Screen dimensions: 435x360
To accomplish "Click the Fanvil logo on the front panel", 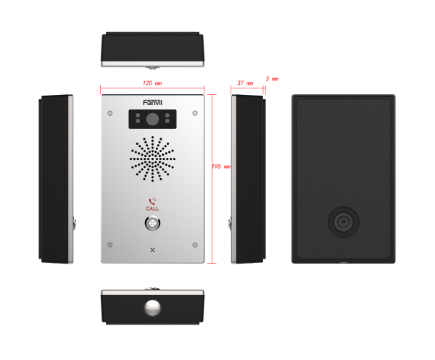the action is point(152,103).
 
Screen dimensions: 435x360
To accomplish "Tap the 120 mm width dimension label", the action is point(152,83).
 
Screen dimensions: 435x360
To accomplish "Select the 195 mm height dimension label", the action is point(221,167).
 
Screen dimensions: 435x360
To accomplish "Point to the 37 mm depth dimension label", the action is point(245,83).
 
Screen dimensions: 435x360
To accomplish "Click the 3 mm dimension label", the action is point(272,79).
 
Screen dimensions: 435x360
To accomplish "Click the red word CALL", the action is point(152,209).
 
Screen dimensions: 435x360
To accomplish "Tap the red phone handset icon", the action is point(152,201).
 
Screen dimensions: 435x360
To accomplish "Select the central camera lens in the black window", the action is point(152,120).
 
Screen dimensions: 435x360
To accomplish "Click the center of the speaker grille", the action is point(152,159).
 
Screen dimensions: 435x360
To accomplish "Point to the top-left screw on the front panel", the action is point(110,113).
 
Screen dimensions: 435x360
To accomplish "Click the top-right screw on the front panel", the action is point(195,113).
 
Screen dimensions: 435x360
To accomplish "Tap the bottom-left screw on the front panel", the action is point(110,245).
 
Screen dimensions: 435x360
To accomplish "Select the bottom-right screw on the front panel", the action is point(195,245).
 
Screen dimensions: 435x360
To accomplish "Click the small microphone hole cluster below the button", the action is point(152,250).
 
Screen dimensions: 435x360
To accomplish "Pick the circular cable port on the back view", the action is point(344,222).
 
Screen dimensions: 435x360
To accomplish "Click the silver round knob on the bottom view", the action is point(152,307).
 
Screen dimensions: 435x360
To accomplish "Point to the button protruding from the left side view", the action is point(75,223).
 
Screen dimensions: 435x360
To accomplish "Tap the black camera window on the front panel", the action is point(152,120).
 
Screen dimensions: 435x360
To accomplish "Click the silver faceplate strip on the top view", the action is point(152,64).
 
